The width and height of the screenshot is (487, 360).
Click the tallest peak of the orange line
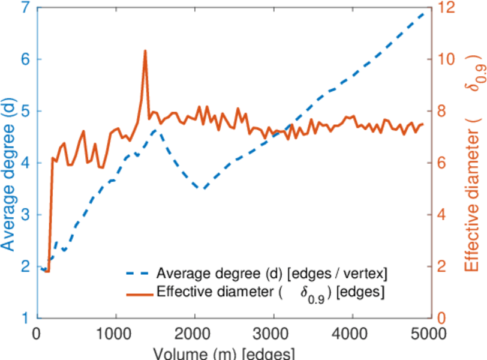coord(145,51)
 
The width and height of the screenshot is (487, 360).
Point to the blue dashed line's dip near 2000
coord(202,188)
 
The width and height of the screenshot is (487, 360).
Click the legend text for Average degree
coord(272,274)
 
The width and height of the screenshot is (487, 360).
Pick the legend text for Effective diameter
coord(270,293)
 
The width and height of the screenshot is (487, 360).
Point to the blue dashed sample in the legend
coord(139,274)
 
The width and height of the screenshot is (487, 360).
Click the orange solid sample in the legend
coord(139,293)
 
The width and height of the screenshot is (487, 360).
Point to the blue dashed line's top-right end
coord(427,11)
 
